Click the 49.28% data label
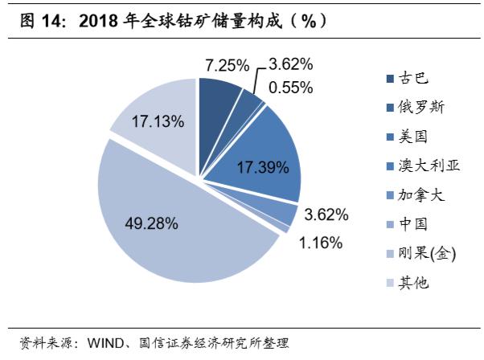click(x=151, y=223)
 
